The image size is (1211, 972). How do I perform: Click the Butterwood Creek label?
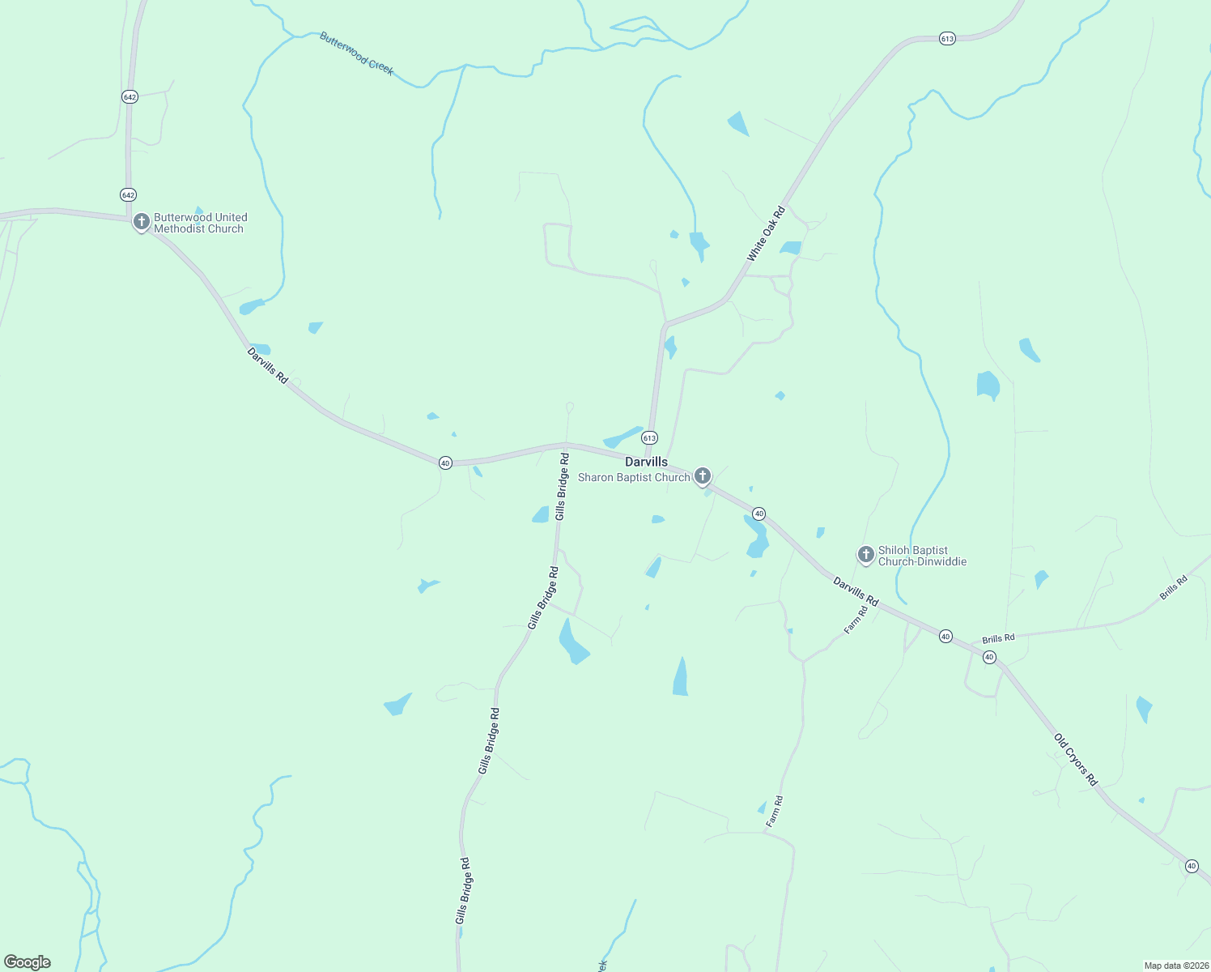(x=356, y=53)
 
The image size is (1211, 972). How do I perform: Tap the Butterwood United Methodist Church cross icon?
(x=142, y=221)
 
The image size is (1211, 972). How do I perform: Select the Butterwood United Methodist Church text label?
(x=200, y=223)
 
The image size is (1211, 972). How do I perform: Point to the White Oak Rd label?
(x=766, y=234)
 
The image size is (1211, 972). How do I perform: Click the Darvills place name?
(x=646, y=462)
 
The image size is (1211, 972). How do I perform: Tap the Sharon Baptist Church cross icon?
(x=703, y=475)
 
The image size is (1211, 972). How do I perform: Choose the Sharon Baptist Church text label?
(x=633, y=478)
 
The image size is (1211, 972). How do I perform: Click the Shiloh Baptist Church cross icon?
(x=865, y=555)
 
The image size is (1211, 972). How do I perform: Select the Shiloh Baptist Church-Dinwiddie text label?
(x=921, y=556)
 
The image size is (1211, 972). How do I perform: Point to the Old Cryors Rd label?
(x=1076, y=760)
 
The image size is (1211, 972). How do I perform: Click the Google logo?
(x=28, y=962)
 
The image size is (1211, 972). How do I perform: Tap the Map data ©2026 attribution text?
(x=1175, y=966)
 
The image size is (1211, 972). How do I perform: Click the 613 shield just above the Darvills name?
(x=649, y=437)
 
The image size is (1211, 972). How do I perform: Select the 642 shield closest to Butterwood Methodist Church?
(x=128, y=194)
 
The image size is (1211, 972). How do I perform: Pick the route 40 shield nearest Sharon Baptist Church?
(x=758, y=514)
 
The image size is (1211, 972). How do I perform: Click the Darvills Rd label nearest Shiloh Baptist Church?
(x=856, y=590)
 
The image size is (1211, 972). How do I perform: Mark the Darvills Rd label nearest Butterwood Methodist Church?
(x=267, y=365)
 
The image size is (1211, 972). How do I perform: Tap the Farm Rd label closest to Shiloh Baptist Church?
(x=856, y=620)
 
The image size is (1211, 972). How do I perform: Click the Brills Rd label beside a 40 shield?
(x=998, y=639)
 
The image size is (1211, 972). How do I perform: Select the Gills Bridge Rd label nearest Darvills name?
(x=562, y=487)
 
